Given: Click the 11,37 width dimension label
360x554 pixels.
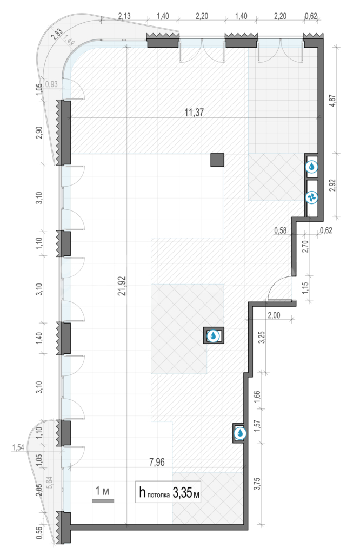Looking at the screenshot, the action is pos(194,113).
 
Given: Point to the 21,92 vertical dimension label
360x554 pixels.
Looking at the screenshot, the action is pos(122,286).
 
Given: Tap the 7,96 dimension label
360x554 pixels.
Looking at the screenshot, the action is pos(157,462).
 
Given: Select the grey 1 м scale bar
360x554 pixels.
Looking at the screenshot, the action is pos(103,501).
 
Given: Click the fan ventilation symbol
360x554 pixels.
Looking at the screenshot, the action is pos(312,197).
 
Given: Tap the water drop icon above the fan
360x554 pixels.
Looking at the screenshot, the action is pos(312,167).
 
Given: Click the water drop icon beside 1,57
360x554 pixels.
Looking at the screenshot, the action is pos(240,433).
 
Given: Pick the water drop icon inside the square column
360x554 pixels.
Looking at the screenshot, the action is pos(213,335).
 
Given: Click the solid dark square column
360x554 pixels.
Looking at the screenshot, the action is pos(217,160).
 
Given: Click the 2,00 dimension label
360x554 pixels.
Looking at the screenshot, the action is pos(274,315).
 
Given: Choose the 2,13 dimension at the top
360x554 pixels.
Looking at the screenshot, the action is pos(124,16).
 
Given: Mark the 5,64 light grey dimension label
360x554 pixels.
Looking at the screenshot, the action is pos(49,482).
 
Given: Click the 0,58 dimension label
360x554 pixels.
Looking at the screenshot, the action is pos(280,230).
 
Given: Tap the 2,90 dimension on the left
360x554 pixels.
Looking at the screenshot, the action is pos(39,133).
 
